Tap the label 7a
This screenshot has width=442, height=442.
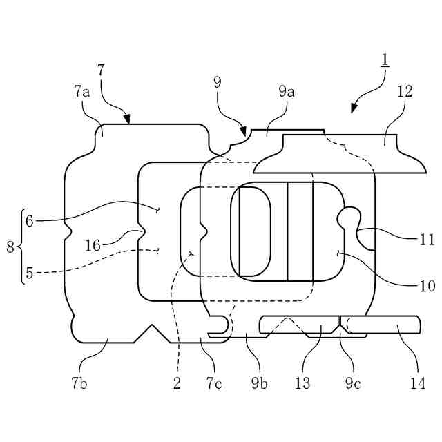click(x=81, y=90)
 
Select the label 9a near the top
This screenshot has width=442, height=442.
click(x=287, y=90)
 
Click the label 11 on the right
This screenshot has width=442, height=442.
click(x=426, y=240)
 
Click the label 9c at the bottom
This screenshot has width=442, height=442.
click(x=353, y=384)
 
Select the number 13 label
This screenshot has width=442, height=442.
click(x=302, y=384)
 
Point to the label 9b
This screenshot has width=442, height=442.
click(x=259, y=384)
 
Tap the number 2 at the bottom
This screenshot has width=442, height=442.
click(x=177, y=384)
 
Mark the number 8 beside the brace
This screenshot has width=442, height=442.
click(x=10, y=247)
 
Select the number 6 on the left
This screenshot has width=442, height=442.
click(x=29, y=221)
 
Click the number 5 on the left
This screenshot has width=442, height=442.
click(x=29, y=273)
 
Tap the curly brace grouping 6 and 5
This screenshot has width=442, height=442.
click(x=21, y=247)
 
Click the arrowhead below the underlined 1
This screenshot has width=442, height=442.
click(x=354, y=107)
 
